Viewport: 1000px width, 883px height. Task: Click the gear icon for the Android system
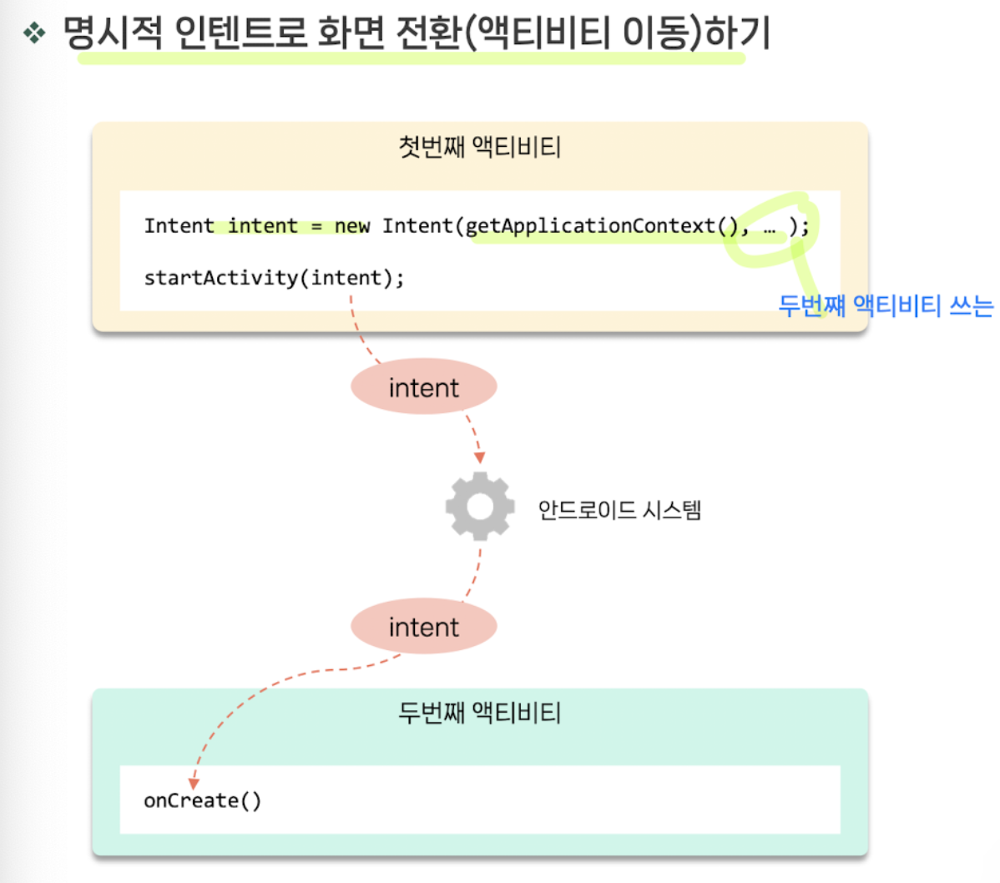pyautogui.click(x=479, y=506)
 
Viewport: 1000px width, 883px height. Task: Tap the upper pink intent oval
pyautogui.click(x=423, y=387)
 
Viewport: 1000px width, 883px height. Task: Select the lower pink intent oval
pyautogui.click(x=423, y=627)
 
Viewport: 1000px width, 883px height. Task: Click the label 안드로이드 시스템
pyautogui.click(x=619, y=509)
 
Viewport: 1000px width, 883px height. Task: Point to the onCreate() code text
pyautogui.click(x=202, y=800)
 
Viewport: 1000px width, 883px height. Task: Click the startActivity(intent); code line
pyautogui.click(x=274, y=277)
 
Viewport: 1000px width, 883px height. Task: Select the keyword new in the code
pyautogui.click(x=351, y=226)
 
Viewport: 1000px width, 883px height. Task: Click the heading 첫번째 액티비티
pyautogui.click(x=479, y=147)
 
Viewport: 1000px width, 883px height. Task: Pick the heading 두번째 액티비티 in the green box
pyautogui.click(x=479, y=713)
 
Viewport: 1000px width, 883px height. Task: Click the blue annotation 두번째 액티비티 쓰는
pyautogui.click(x=885, y=306)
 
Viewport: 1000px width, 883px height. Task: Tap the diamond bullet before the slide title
pyautogui.click(x=34, y=33)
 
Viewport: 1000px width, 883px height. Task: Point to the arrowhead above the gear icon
pyautogui.click(x=479, y=457)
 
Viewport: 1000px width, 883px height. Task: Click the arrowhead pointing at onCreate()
pyautogui.click(x=194, y=784)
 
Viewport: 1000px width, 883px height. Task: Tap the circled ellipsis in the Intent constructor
pyautogui.click(x=769, y=227)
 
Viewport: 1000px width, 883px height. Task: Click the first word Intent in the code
pyautogui.click(x=179, y=226)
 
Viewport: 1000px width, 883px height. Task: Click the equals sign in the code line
pyautogui.click(x=316, y=227)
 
